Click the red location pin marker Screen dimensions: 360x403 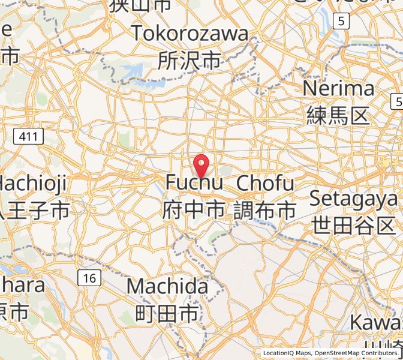coord(202,164)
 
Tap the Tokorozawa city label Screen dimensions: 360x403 coord(190,33)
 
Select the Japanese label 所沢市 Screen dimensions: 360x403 coord(190,60)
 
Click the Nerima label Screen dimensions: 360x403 coord(339,89)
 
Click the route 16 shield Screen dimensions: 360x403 coord(89,278)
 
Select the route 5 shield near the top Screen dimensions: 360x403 coord(341,22)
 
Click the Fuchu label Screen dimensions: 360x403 coord(194,182)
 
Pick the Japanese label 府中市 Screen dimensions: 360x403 coord(194,209)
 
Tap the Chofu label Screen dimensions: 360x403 coord(266,182)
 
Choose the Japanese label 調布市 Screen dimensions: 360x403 coord(265,209)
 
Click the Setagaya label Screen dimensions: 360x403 coord(353,199)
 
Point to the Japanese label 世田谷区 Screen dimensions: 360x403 coord(354,226)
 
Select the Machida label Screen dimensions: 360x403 coord(167,286)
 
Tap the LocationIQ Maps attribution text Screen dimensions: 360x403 coord(287,353)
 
